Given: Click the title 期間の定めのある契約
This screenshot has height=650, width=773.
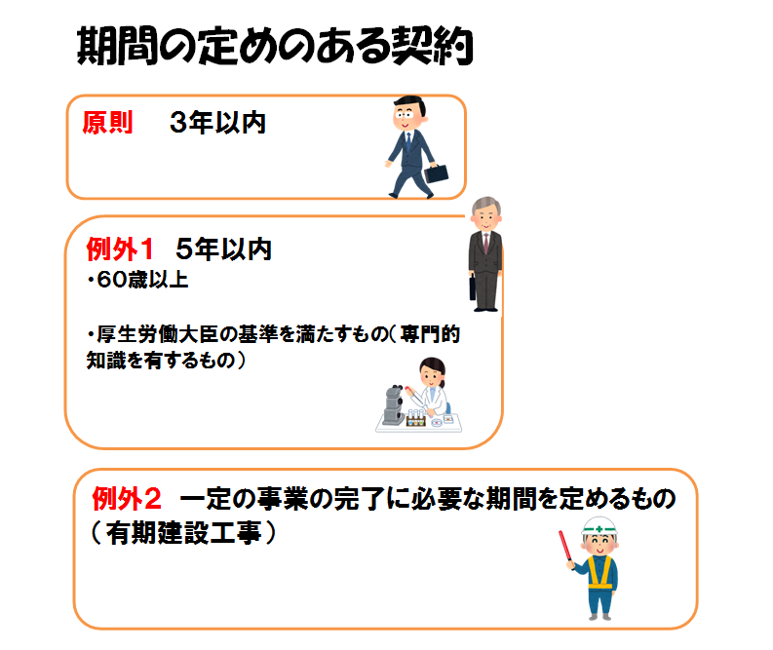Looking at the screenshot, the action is (x=275, y=46).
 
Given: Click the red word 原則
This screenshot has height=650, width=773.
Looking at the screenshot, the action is (x=107, y=123).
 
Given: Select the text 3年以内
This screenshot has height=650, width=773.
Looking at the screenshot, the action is (x=217, y=123).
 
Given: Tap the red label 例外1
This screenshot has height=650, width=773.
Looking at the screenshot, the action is (x=119, y=249).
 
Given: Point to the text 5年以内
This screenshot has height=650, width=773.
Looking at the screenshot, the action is (x=223, y=249).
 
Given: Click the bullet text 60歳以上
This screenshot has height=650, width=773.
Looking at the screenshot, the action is (x=138, y=280).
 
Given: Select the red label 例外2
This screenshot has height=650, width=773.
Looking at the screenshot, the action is (x=127, y=499).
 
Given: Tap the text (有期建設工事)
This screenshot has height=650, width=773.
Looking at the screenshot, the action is (x=183, y=533).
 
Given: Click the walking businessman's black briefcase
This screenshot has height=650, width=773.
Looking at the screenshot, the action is (x=436, y=172).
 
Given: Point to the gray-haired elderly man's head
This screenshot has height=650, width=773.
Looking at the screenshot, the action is (x=485, y=212).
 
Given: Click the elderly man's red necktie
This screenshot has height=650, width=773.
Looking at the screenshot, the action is (x=486, y=244).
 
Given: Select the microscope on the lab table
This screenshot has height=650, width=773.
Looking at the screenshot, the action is (x=394, y=405).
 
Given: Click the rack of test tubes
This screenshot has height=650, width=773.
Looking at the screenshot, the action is (x=415, y=418).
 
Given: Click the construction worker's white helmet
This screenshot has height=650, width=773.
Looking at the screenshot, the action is (x=599, y=526).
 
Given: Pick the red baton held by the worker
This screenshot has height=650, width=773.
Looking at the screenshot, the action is (x=565, y=546).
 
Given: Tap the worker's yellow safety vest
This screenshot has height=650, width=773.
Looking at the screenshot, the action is (x=599, y=572).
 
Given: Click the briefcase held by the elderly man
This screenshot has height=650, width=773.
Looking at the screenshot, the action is (x=472, y=287).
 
